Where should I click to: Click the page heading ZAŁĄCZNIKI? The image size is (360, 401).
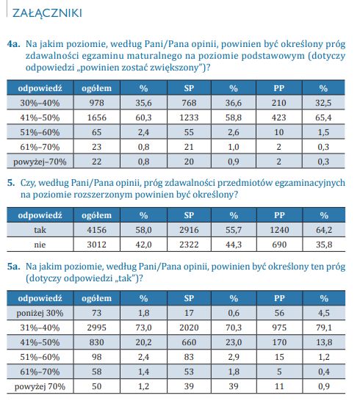47,13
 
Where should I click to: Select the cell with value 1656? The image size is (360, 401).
97,118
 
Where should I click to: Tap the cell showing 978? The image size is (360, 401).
97,103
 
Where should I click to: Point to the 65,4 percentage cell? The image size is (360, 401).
323,118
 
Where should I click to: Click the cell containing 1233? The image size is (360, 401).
189,118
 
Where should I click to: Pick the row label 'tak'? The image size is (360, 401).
40,230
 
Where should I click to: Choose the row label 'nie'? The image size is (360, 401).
40,245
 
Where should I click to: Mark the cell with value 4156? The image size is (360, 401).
97,230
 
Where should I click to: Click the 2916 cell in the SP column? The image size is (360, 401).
189,230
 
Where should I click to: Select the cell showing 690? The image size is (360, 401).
279,245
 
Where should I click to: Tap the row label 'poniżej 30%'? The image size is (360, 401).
40,314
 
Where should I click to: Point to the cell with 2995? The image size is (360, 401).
97,328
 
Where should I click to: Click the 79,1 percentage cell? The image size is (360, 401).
324,328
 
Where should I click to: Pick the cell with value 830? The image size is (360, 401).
97,342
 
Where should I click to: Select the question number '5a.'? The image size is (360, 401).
14,267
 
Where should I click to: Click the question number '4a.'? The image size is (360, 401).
14,44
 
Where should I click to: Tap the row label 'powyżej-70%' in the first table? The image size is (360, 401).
40,162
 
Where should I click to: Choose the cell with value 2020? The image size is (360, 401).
189,328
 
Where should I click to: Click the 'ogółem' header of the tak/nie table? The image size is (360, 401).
97,216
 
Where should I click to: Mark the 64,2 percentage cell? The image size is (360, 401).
324,230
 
